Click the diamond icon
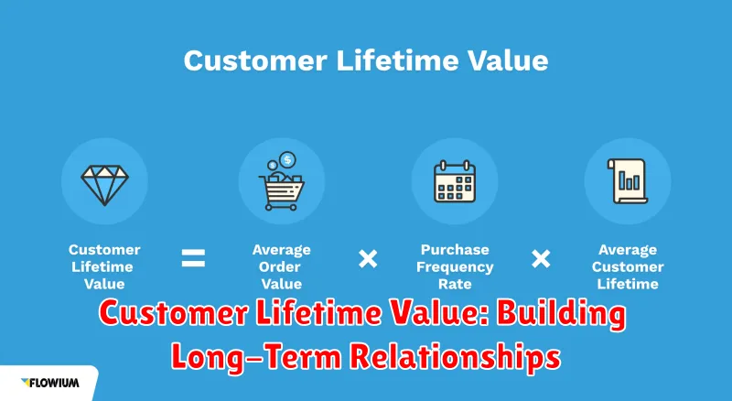[x=104, y=185]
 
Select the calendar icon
[x=455, y=181]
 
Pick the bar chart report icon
[x=628, y=181]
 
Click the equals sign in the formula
[x=193, y=258]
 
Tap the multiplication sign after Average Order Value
[x=368, y=258]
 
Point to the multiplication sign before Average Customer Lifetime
[x=541, y=258]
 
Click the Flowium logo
[x=50, y=383]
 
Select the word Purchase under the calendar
[x=455, y=250]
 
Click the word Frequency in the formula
[x=455, y=267]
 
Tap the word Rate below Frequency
[x=455, y=284]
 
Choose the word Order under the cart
[x=280, y=266]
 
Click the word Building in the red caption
[x=561, y=315]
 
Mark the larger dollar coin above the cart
[x=287, y=160]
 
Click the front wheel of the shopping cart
[x=293, y=207]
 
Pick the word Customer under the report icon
[x=628, y=266]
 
